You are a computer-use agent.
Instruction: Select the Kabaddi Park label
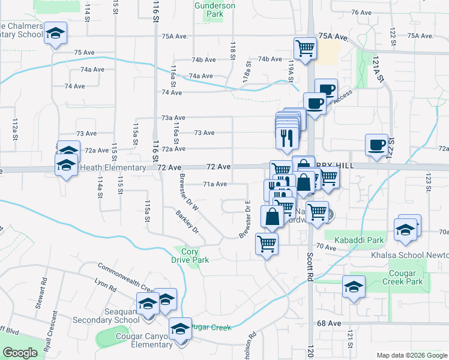pyautogui.click(x=358, y=241)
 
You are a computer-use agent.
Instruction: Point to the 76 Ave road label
pyautogui.click(x=362, y=12)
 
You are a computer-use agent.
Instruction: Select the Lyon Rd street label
pyautogui.click(x=105, y=284)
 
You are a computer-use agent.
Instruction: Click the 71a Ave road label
pyautogui.click(x=215, y=184)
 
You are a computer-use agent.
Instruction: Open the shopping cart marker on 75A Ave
pyautogui.click(x=305, y=49)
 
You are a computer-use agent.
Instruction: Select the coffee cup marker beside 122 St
pyautogui.click(x=376, y=145)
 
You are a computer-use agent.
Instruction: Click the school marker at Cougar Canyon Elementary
pyautogui.click(x=179, y=329)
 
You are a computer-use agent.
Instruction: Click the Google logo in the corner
pyautogui.click(x=20, y=353)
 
